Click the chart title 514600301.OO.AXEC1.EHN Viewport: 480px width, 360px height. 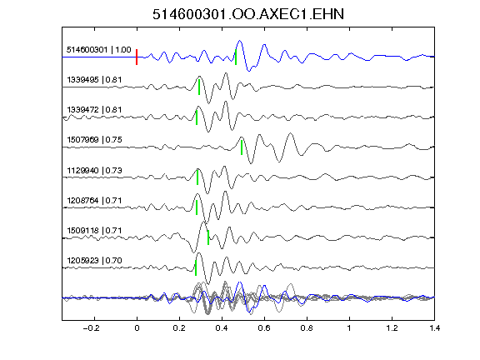pyautogui.click(x=248, y=14)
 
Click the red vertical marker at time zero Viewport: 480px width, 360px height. pyautogui.click(x=137, y=57)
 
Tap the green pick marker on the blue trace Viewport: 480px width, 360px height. pyautogui.click(x=236, y=57)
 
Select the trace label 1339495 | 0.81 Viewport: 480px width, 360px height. pyautogui.click(x=94, y=80)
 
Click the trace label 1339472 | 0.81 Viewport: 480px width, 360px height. pyautogui.click(x=94, y=110)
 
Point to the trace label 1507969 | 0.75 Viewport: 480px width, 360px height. pyautogui.click(x=94, y=140)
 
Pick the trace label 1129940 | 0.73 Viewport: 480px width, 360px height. pyautogui.click(x=94, y=170)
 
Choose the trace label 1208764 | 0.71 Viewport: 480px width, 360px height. pyautogui.click(x=94, y=201)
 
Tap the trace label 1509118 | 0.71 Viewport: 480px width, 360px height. pyautogui.click(x=94, y=231)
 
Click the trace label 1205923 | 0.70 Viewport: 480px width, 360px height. pyautogui.click(x=94, y=261)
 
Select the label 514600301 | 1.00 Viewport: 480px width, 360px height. pyautogui.click(x=99, y=50)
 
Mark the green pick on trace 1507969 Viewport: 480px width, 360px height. pyautogui.click(x=242, y=147)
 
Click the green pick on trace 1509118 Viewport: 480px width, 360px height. pyautogui.click(x=208, y=237)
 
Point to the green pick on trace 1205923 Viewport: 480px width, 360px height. pyautogui.click(x=196, y=267)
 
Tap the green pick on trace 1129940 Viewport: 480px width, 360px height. pyautogui.click(x=197, y=177)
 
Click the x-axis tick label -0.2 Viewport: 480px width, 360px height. pyautogui.click(x=91, y=328)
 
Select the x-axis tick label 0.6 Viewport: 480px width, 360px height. pyautogui.click(x=264, y=328)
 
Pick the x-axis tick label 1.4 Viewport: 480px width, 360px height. pyautogui.click(x=434, y=328)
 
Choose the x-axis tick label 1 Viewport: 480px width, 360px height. pyautogui.click(x=349, y=328)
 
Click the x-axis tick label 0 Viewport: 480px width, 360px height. pyautogui.click(x=137, y=328)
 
